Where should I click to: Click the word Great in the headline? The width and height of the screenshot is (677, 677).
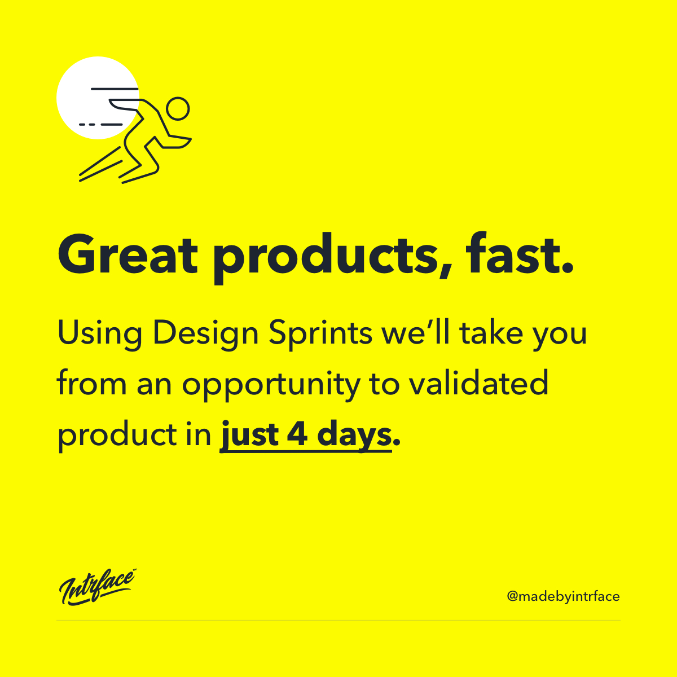tap(128, 254)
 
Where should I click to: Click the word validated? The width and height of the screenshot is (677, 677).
tap(478, 382)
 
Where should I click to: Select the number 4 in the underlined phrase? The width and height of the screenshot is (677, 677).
tap(297, 434)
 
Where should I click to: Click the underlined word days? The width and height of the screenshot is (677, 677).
tap(354, 436)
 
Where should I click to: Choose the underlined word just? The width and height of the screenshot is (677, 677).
tap(250, 436)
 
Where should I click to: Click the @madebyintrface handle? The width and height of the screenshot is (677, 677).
tap(563, 596)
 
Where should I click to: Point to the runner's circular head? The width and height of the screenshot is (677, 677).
tap(178, 108)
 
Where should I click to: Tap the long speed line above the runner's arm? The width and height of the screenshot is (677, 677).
tap(115, 89)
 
